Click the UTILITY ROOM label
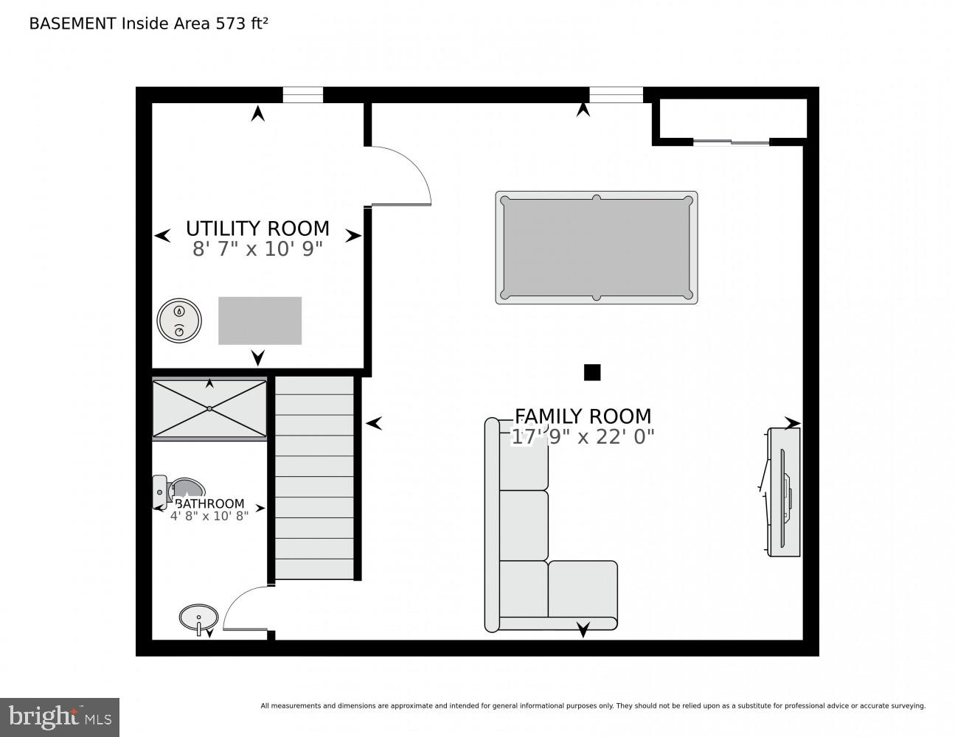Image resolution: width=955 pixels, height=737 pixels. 257,228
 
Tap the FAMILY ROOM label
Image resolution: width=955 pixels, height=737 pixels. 583,416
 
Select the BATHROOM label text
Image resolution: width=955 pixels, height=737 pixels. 209,504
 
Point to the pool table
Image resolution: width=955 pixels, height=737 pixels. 596,248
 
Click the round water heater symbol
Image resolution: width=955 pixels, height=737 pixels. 179,321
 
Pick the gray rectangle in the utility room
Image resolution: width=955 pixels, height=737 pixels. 260,321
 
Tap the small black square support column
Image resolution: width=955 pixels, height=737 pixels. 591,372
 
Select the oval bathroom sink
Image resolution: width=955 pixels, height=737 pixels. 198,616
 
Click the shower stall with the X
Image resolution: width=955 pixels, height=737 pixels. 209,408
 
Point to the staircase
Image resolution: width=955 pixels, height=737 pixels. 314,478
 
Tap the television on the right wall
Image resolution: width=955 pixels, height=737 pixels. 784,492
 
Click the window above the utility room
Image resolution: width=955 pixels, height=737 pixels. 303,95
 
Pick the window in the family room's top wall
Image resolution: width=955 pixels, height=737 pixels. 616,95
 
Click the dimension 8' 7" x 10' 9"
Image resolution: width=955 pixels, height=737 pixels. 257,249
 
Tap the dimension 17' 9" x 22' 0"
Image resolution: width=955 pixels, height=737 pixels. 583,437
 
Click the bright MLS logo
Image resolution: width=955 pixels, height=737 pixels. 60,717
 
